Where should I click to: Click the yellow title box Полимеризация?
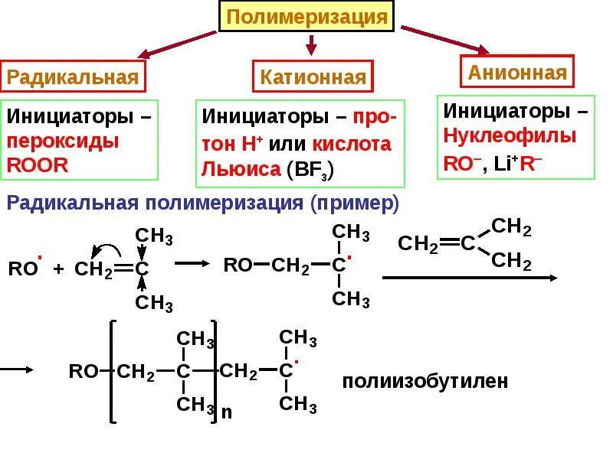point(307,17)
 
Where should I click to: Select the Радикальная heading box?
point(73,77)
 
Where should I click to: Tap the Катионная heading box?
point(313,77)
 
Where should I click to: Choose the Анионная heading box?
point(517,73)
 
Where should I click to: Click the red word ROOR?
point(38,164)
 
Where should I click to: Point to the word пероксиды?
point(63,142)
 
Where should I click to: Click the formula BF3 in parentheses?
point(310,169)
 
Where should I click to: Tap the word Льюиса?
point(240,169)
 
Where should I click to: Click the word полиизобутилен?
point(425,381)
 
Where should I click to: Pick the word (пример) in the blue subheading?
point(355,203)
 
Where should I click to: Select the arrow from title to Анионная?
point(444,40)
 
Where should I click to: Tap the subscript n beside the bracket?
point(226,412)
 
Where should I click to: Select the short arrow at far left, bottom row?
point(17,369)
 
